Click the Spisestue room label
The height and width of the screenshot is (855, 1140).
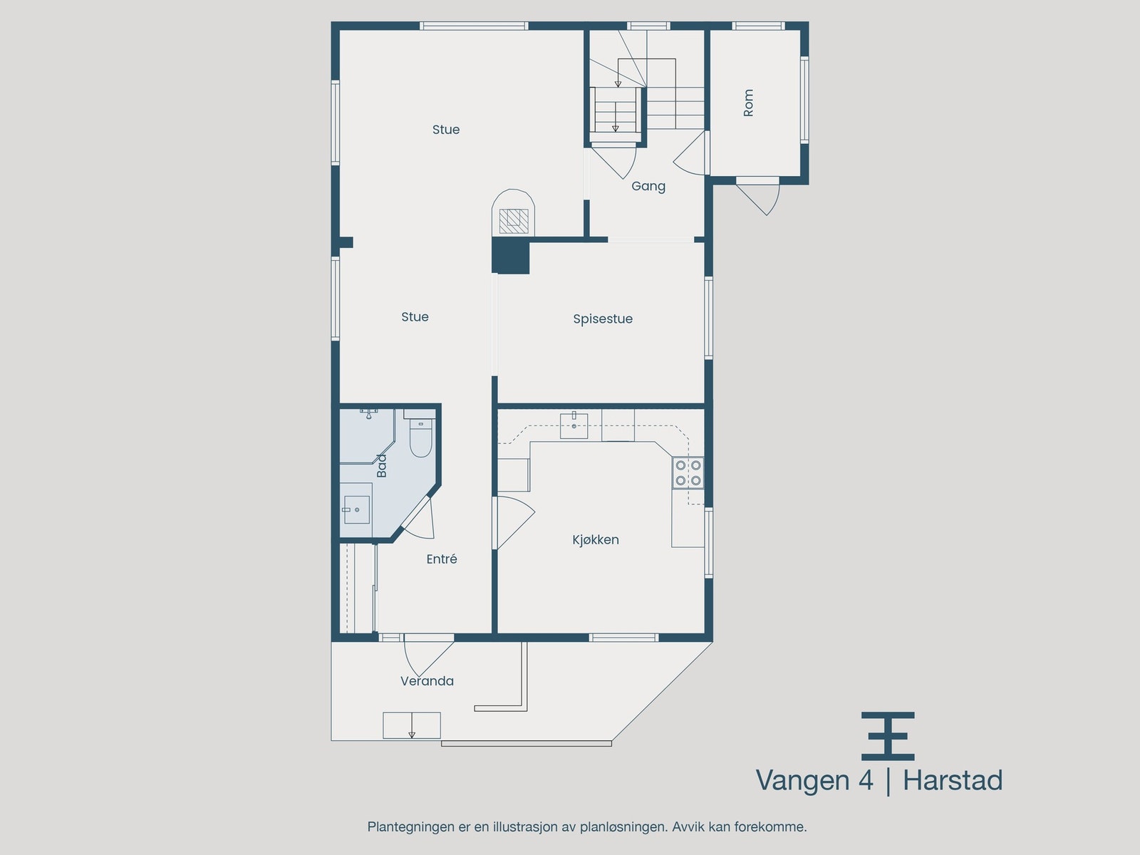click(x=603, y=319)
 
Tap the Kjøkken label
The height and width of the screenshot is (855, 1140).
click(x=596, y=540)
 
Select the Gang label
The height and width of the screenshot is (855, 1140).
click(x=648, y=187)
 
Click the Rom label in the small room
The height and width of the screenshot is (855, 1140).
click(x=748, y=103)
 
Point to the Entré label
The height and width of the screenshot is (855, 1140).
click(x=442, y=559)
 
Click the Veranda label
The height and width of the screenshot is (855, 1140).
click(x=427, y=681)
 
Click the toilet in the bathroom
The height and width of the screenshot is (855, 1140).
click(x=421, y=438)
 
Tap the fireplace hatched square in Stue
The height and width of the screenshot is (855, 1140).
click(x=512, y=221)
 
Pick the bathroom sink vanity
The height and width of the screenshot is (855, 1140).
click(x=356, y=509)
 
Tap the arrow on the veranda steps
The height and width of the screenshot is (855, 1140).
click(x=412, y=733)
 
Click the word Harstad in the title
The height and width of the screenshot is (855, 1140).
click(x=953, y=780)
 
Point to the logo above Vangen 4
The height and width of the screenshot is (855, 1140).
click(x=888, y=736)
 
